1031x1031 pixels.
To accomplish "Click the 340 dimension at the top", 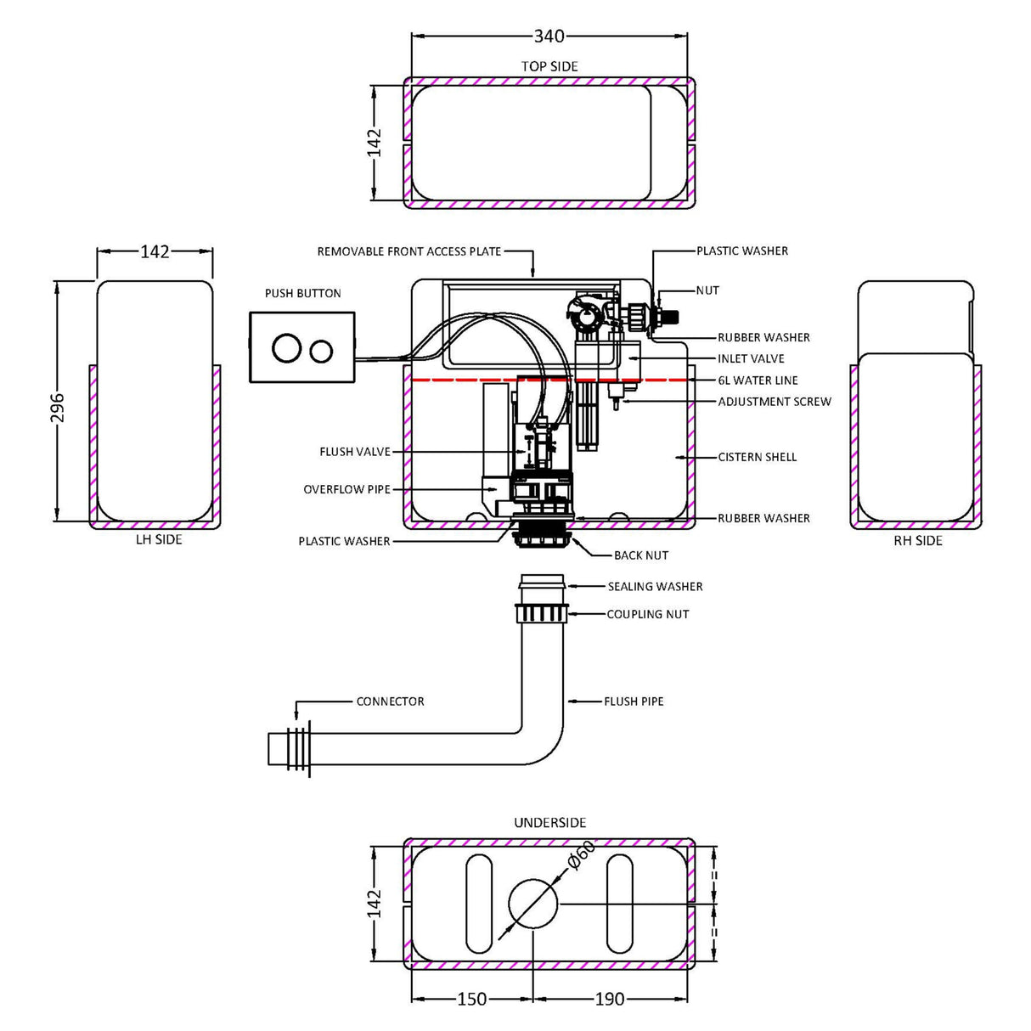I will click(549, 37).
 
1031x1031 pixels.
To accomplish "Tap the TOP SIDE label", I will click(549, 66).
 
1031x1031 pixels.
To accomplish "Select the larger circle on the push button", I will click(286, 349).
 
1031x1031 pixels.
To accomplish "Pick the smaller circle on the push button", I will click(321, 349).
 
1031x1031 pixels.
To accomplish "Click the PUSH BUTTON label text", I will click(302, 294).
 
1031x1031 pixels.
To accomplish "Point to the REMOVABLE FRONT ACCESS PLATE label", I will click(408, 251).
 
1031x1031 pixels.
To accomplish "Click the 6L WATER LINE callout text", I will click(758, 380).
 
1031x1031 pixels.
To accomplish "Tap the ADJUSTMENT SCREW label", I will click(775, 402).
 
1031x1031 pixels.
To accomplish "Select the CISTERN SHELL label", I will click(757, 457).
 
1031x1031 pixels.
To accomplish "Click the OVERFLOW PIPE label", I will click(346, 490).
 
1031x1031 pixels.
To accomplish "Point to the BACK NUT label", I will click(641, 555).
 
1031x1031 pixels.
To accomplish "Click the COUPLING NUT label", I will click(647, 614).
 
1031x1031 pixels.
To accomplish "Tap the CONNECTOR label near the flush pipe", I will click(390, 701).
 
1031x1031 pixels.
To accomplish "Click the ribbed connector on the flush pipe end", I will click(298, 749).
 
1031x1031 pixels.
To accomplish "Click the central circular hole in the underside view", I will click(532, 903).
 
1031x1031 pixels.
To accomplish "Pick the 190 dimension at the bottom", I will click(610, 1000).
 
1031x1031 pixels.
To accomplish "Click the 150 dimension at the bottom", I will click(472, 1000).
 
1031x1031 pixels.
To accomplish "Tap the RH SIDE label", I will click(917, 540).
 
